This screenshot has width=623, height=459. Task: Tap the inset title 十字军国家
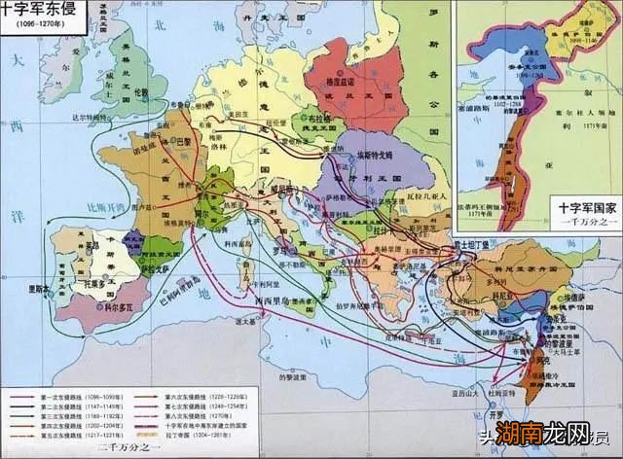584,207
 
